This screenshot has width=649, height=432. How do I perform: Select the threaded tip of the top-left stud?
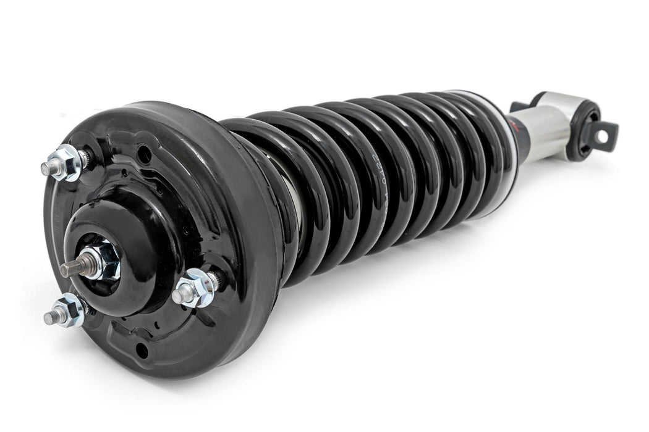point(46,168)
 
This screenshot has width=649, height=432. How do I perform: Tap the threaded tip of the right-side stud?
point(178,296)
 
